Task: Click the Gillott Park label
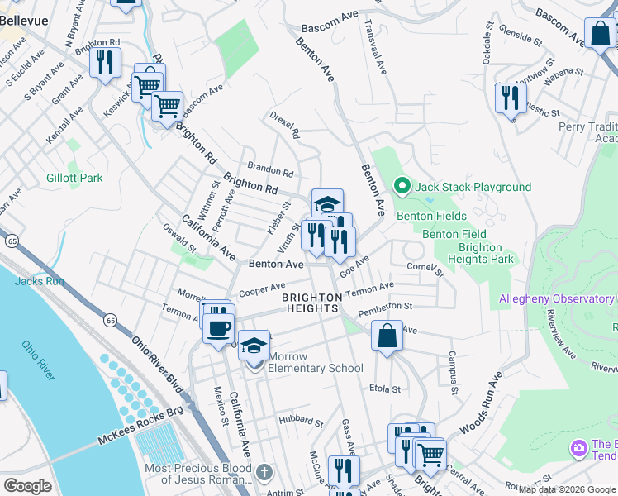click(74, 178)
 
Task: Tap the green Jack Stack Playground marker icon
click(402, 187)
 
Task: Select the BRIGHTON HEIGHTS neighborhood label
click(311, 303)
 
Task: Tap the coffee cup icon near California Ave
click(219, 328)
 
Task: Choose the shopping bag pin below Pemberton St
click(386, 336)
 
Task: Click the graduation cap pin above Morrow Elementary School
click(254, 344)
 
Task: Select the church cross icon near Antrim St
click(263, 473)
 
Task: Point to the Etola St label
click(385, 388)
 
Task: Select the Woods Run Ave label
click(481, 404)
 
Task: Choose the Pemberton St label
click(385, 308)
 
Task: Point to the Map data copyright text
click(568, 489)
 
